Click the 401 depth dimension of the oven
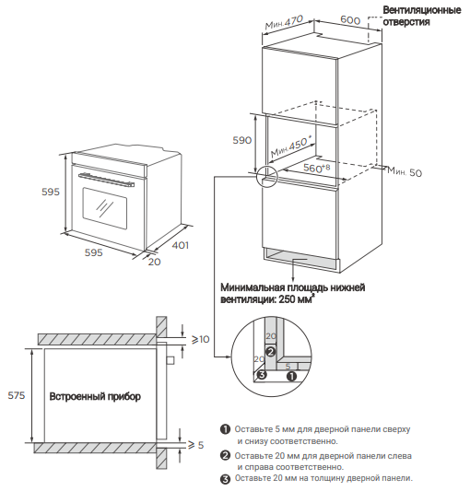(x=181, y=245)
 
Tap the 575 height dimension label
(x=17, y=395)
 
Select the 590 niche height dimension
(x=241, y=140)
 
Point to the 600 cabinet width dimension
(x=350, y=20)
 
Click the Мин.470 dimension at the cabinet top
(x=284, y=22)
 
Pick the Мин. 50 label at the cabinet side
(x=405, y=171)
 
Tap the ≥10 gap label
(x=200, y=339)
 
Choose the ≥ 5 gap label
(x=195, y=445)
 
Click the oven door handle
(x=106, y=180)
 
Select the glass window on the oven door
(x=105, y=208)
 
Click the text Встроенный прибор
(x=95, y=396)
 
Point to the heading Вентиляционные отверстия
(x=422, y=16)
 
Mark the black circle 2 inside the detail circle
(x=271, y=351)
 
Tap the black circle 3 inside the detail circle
(x=262, y=374)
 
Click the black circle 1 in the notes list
(x=225, y=429)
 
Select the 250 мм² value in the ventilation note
(x=297, y=299)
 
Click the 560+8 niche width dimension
(x=316, y=168)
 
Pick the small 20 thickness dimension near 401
(x=154, y=262)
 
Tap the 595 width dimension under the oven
(x=94, y=252)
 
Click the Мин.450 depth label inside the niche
(x=291, y=147)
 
